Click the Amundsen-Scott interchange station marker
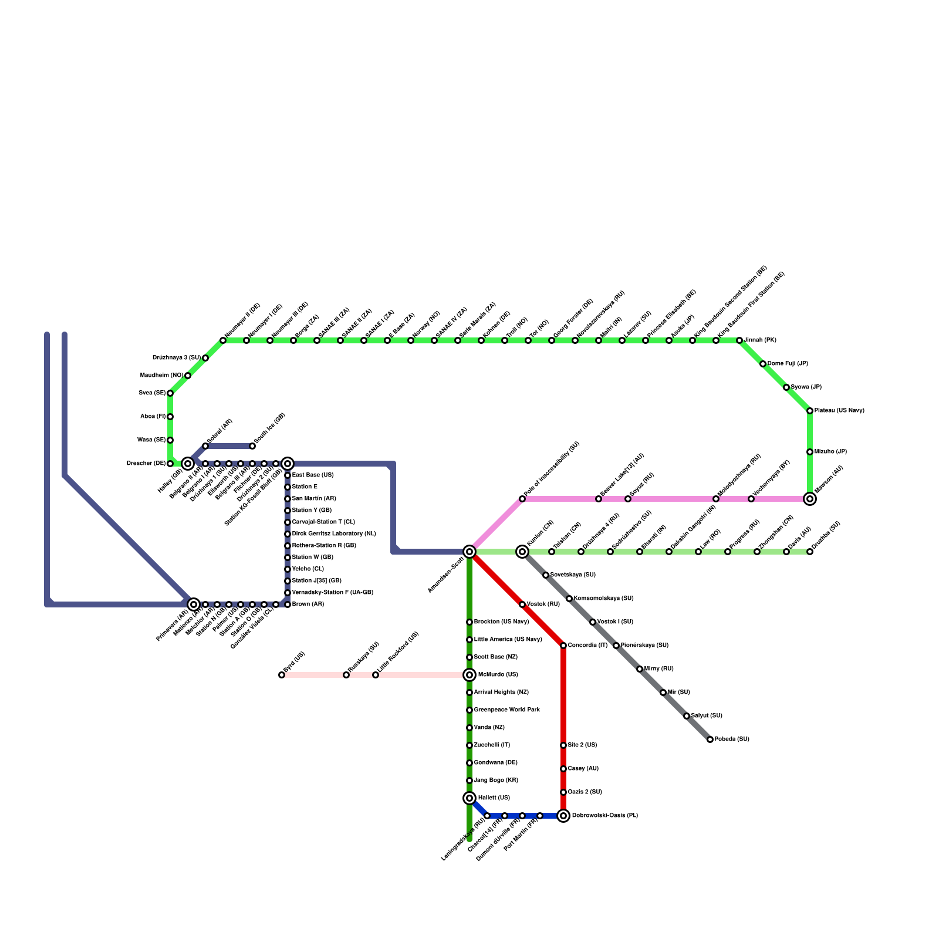469,552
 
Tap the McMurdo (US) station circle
469,675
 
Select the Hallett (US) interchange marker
469,798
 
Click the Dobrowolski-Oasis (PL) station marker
563,816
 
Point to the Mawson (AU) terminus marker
810,499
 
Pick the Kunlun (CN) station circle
522,552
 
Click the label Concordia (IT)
587,646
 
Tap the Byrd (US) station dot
282,675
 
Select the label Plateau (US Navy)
839,411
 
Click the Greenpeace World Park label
506,710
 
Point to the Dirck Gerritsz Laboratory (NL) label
334,534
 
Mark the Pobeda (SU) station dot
710,739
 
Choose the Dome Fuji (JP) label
788,364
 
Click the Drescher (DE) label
146,464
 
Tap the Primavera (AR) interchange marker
194,604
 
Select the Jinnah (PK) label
760,340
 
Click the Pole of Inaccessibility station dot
522,499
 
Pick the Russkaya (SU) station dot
346,675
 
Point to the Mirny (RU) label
658,669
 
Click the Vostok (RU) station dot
522,604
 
